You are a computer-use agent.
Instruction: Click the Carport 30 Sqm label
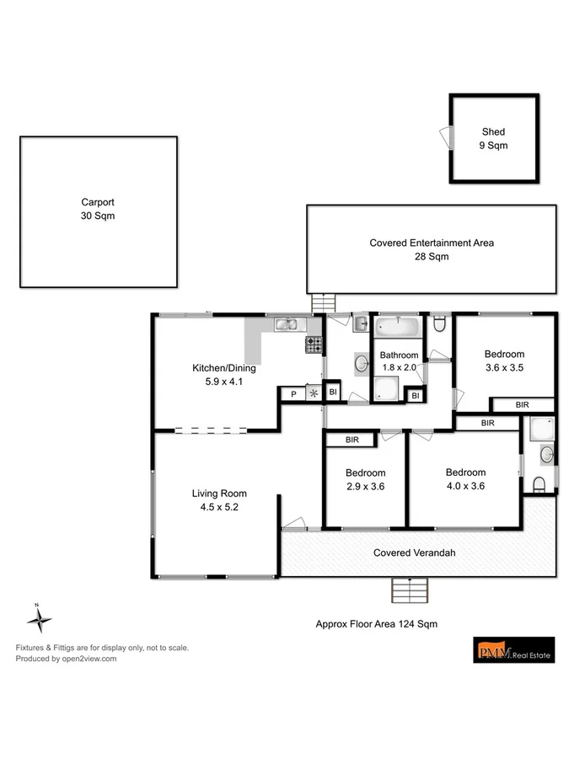[x=98, y=209]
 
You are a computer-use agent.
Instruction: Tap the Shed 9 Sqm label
[x=493, y=138]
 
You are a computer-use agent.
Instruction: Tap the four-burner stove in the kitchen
[x=314, y=344]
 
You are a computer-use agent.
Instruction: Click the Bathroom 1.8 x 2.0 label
[x=399, y=361]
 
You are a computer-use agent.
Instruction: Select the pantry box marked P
[x=293, y=393]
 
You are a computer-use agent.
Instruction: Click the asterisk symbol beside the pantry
[x=314, y=393]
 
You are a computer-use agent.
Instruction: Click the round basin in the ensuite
[x=545, y=455]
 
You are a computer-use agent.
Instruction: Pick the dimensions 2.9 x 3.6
[x=365, y=485]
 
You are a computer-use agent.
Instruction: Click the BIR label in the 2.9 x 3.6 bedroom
[x=352, y=439]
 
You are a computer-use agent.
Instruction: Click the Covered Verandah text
[x=415, y=552]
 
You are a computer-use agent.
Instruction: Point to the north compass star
[x=38, y=622]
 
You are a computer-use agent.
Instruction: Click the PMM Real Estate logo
[x=513, y=650]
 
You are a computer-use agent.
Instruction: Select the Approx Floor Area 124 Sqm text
[x=376, y=624]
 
